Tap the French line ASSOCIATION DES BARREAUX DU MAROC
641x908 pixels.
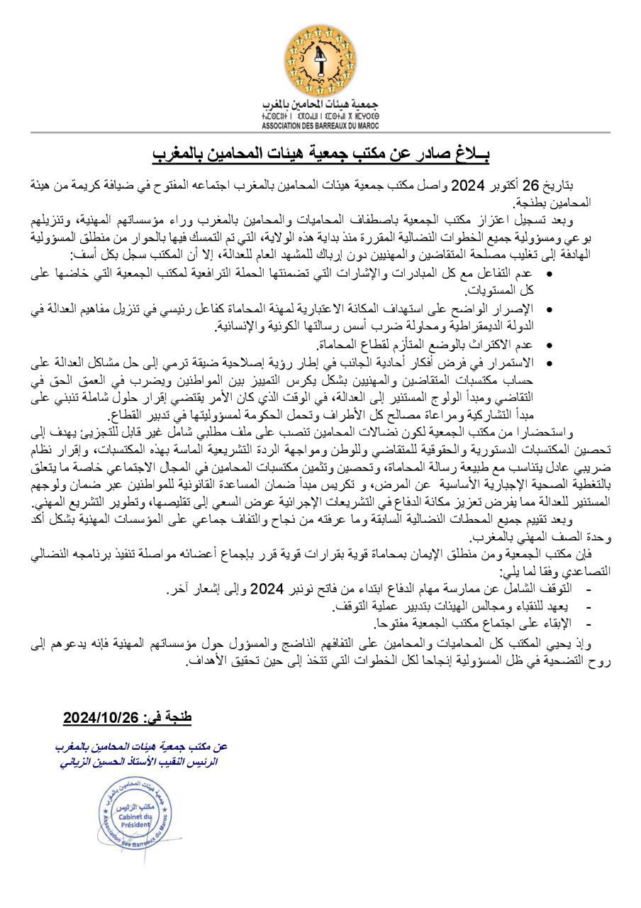tap(320, 126)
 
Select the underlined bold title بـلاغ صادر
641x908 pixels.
tap(320, 153)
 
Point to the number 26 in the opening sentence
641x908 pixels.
tap(550, 186)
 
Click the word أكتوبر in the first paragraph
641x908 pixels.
tap(516, 186)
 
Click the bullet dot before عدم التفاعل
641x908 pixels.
tap(551, 272)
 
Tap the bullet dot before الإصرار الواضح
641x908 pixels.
tap(551, 309)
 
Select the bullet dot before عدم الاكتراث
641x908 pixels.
tap(551, 345)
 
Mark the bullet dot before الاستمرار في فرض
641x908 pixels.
tap(551, 362)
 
